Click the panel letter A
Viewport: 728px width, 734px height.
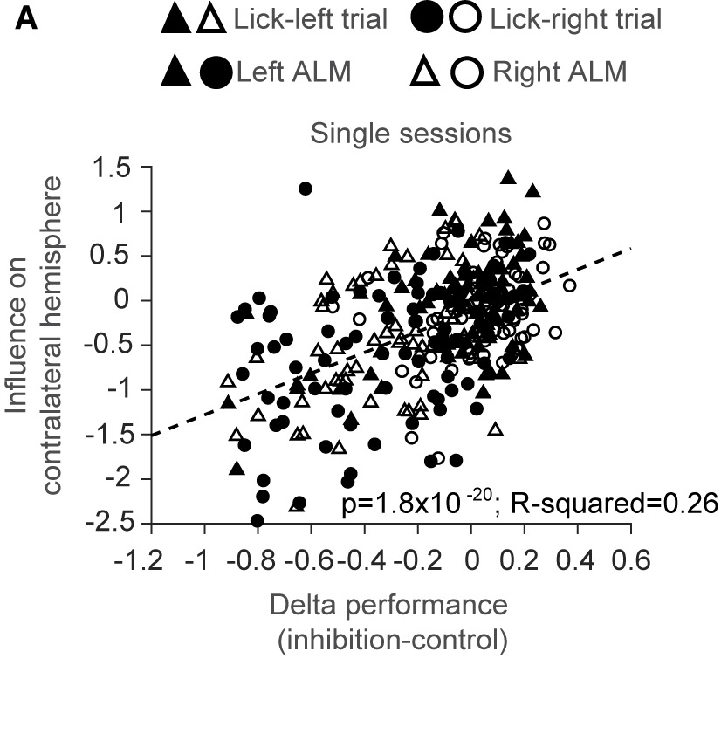[27, 18]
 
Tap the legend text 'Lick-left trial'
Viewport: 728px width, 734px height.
[311, 19]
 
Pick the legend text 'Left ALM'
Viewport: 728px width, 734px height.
[293, 72]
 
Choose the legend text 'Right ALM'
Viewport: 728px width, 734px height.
[560, 72]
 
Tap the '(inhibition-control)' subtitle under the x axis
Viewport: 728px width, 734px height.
[392, 641]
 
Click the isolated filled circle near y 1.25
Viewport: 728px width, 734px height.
[305, 189]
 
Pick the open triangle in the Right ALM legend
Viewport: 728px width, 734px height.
[424, 73]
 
